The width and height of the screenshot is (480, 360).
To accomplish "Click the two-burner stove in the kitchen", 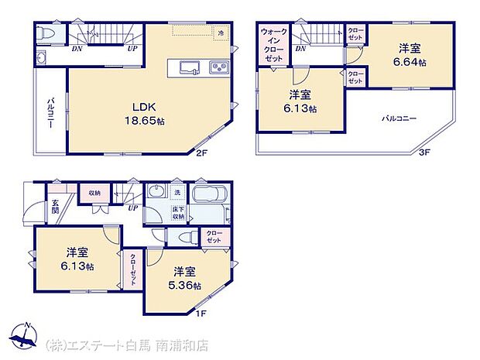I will pos(218,68).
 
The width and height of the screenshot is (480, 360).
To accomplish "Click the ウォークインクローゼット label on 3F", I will pos(275,46).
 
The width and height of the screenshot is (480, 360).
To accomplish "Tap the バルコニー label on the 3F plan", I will pos(399,119).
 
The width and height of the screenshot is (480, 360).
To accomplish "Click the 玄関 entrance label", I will pos(55,205).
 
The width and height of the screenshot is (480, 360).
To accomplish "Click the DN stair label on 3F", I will pos(300,49).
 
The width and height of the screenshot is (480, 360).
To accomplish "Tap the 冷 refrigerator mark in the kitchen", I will pos(221,33).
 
